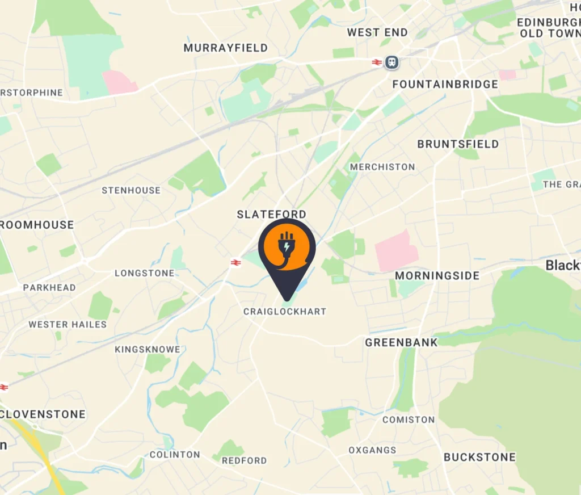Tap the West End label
coord(377,32)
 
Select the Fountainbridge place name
coord(445,84)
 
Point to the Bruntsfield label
coord(458,144)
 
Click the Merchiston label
coord(382,167)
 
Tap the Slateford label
coord(271,214)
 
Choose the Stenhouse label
coord(131,190)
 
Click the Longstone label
coord(145,273)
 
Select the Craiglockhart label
coord(285,312)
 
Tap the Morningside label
coord(437,276)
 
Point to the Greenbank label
coord(401,342)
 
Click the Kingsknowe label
coord(148,349)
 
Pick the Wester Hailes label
coord(68,324)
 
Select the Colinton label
coord(175,454)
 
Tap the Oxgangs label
coord(372,450)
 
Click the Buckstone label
coord(479,457)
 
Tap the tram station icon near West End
coord(391,62)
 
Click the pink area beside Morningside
coord(396,250)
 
